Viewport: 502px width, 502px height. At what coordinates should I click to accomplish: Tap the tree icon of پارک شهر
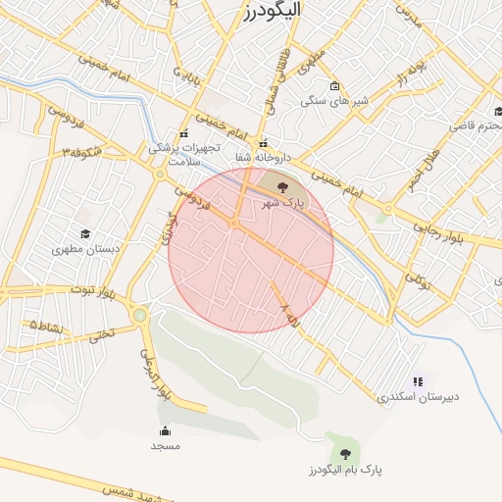pos(282,185)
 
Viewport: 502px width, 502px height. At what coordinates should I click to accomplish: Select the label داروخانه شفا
pos(257,157)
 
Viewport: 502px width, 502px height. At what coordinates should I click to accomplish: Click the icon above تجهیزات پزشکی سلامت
pos(182,134)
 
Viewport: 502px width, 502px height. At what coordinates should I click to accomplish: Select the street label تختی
pos(101,333)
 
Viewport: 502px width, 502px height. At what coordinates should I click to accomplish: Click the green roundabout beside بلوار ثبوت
pos(140,315)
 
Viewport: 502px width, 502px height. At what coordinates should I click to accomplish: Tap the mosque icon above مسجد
pos(165,430)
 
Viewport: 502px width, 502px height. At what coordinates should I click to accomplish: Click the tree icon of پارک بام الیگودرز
pos(344,453)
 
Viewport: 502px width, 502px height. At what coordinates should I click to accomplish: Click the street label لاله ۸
pos(291,315)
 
